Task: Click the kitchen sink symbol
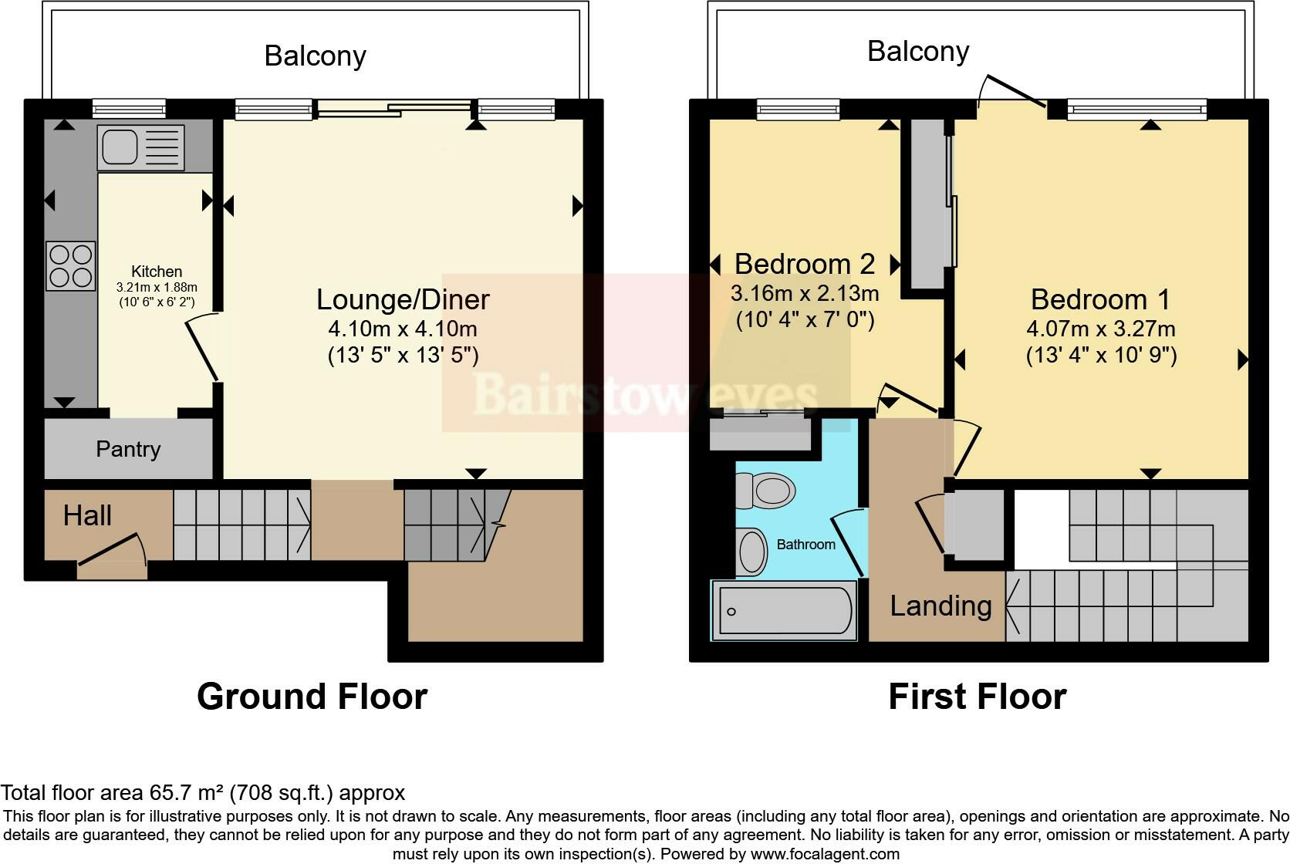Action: (x=140, y=147)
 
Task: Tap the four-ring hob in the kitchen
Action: (x=71, y=266)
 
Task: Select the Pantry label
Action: (x=128, y=449)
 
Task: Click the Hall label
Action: (x=87, y=515)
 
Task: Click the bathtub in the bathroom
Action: (x=784, y=610)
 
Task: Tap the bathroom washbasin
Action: (x=750, y=552)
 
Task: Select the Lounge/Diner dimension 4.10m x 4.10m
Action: (x=403, y=329)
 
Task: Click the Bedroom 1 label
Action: (x=1100, y=299)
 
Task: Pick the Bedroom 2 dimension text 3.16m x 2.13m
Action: (x=805, y=293)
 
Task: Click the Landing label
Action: (x=940, y=606)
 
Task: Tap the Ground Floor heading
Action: (x=312, y=696)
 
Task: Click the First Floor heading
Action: (x=977, y=696)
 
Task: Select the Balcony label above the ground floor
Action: (x=315, y=56)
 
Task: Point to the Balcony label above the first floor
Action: (x=918, y=51)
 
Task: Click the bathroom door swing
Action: (x=849, y=540)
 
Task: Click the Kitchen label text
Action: (x=157, y=272)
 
